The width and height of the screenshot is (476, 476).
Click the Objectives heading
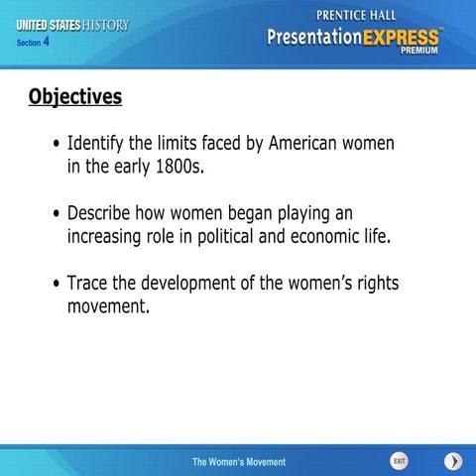[x=75, y=96]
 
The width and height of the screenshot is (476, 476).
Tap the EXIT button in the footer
[x=399, y=461]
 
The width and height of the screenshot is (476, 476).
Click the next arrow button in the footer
[x=452, y=461]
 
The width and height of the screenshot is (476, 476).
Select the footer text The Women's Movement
[x=238, y=462]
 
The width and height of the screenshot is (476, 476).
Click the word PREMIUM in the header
[x=419, y=54]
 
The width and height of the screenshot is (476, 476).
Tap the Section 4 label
[x=33, y=43]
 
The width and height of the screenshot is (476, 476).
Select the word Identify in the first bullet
[x=96, y=143]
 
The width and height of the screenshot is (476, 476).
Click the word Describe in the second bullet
[x=101, y=213]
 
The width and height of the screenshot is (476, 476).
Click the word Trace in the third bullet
[x=87, y=284]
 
